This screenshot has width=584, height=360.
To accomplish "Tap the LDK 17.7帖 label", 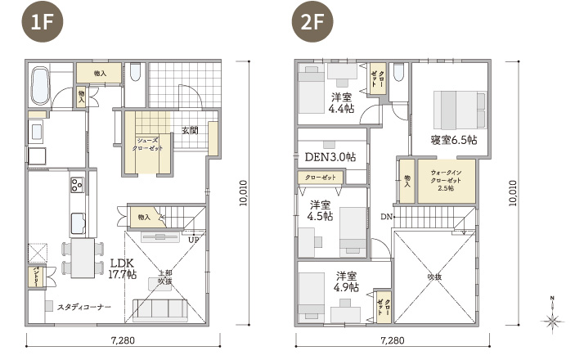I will [122, 269].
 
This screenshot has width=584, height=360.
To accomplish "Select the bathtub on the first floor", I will [39, 86].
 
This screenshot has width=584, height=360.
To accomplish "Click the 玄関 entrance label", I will [190, 130].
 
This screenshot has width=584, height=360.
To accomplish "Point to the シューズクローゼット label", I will [148, 144].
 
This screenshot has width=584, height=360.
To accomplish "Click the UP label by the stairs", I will [193, 241].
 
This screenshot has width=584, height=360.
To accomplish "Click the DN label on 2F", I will [386, 216].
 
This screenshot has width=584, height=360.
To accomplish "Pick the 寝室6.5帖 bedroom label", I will [454, 139].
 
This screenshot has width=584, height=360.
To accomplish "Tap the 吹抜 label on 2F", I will [434, 277].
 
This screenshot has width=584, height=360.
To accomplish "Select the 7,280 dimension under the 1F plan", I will [122, 340].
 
